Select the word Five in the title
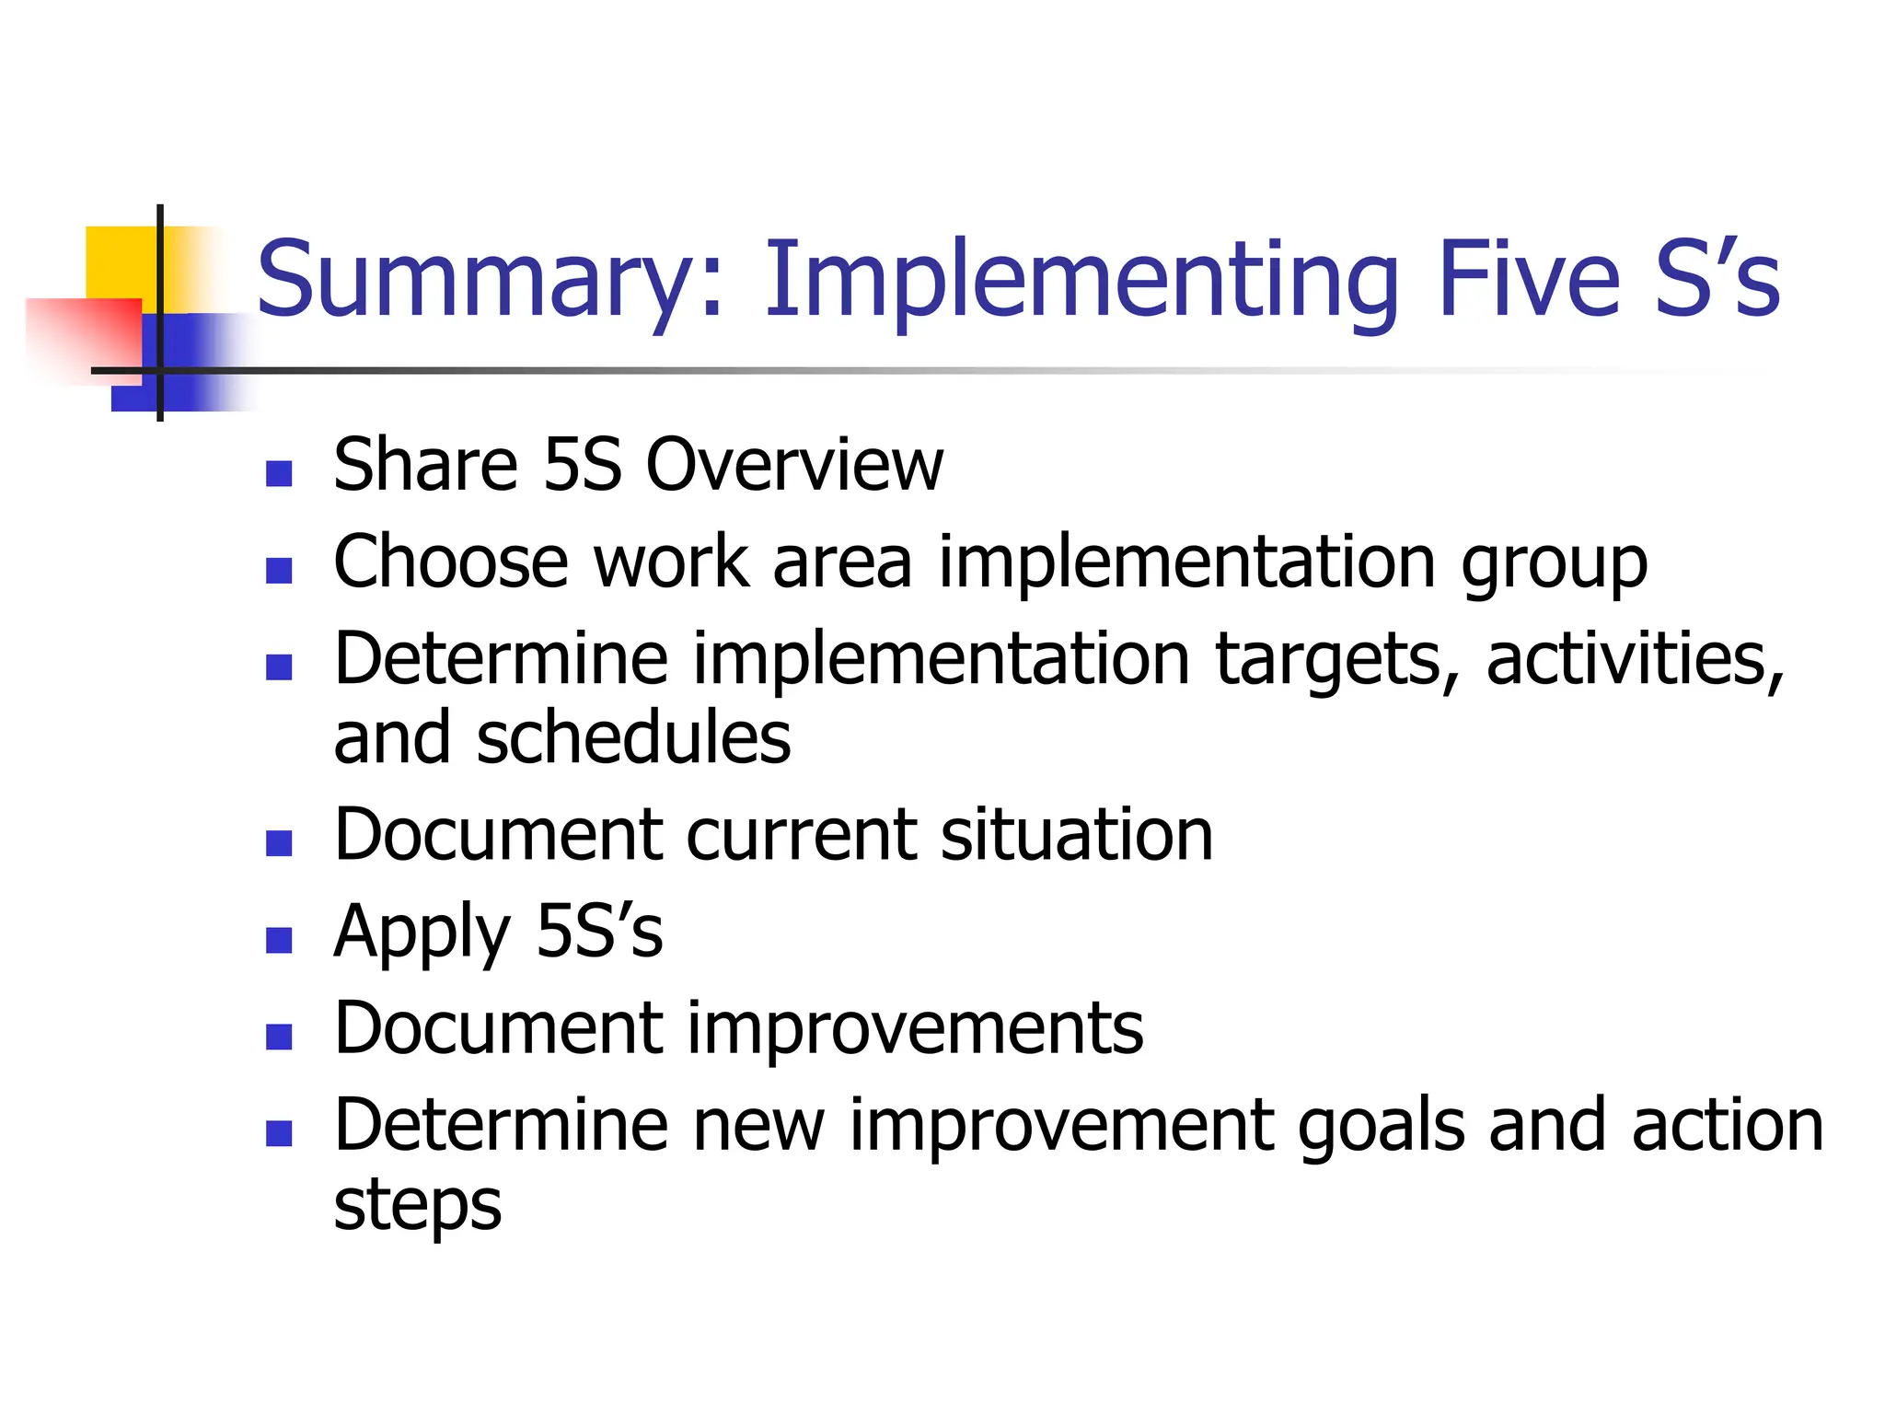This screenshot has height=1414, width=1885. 1528,279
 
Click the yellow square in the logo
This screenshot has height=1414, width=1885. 120,261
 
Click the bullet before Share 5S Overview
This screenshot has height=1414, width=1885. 279,473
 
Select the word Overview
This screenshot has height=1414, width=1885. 794,465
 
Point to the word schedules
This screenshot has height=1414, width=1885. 633,738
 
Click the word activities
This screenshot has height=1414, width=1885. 1635,660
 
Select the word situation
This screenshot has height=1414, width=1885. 1077,835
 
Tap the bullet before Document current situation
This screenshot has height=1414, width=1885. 279,843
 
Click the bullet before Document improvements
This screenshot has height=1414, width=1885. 279,1037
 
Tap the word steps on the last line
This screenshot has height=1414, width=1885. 417,1206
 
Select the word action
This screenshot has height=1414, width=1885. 1728,1125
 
